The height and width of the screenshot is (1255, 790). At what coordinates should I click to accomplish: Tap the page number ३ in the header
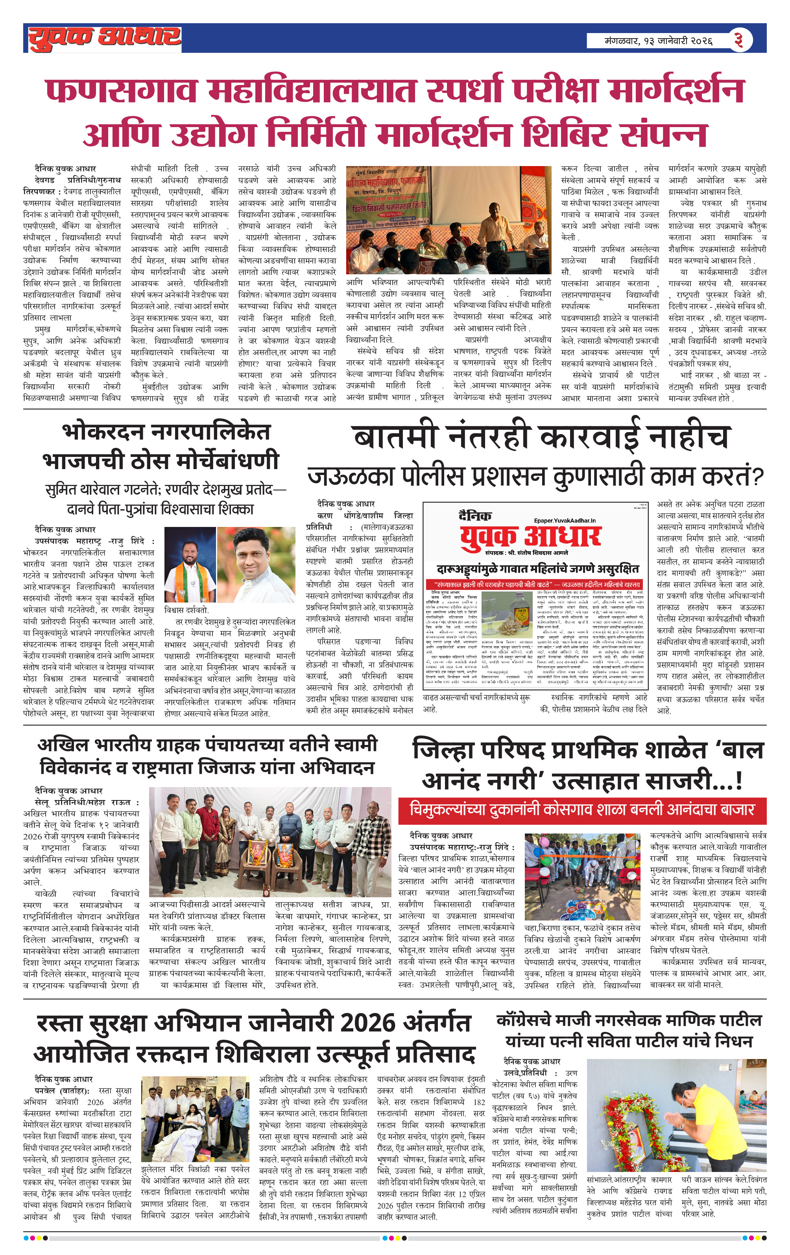738,40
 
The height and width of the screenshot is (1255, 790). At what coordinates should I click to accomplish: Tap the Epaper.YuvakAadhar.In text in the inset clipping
564,520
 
